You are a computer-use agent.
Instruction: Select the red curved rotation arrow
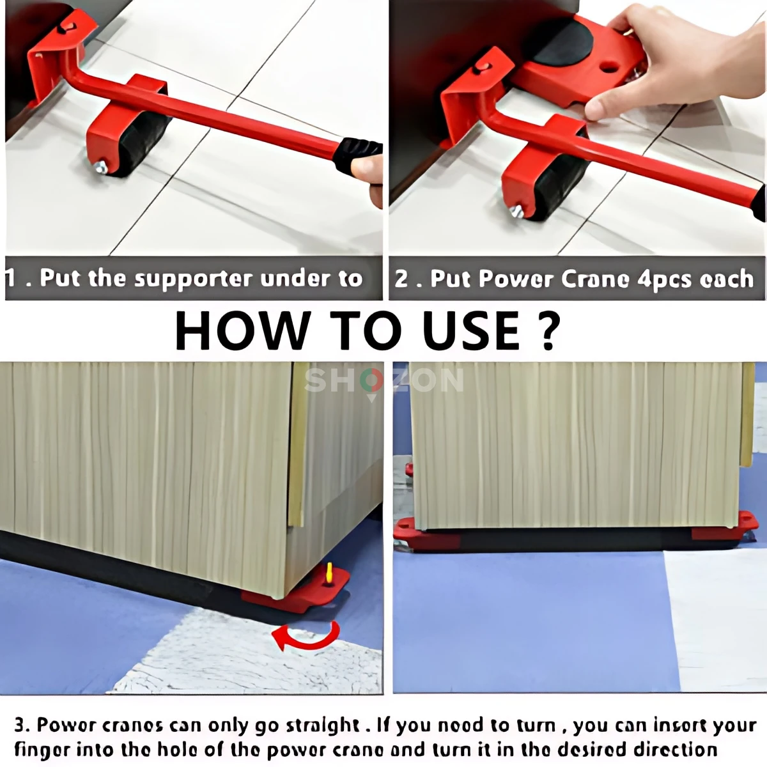pyautogui.click(x=306, y=637)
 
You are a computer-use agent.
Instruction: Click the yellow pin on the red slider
pyautogui.click(x=329, y=573)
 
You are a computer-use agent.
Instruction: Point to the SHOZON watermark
pyautogui.click(x=383, y=382)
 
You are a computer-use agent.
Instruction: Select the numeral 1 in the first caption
pyautogui.click(x=11, y=279)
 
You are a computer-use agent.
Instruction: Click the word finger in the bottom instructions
pyautogui.click(x=41, y=749)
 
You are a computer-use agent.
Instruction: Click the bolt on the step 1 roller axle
pyautogui.click(x=101, y=168)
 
